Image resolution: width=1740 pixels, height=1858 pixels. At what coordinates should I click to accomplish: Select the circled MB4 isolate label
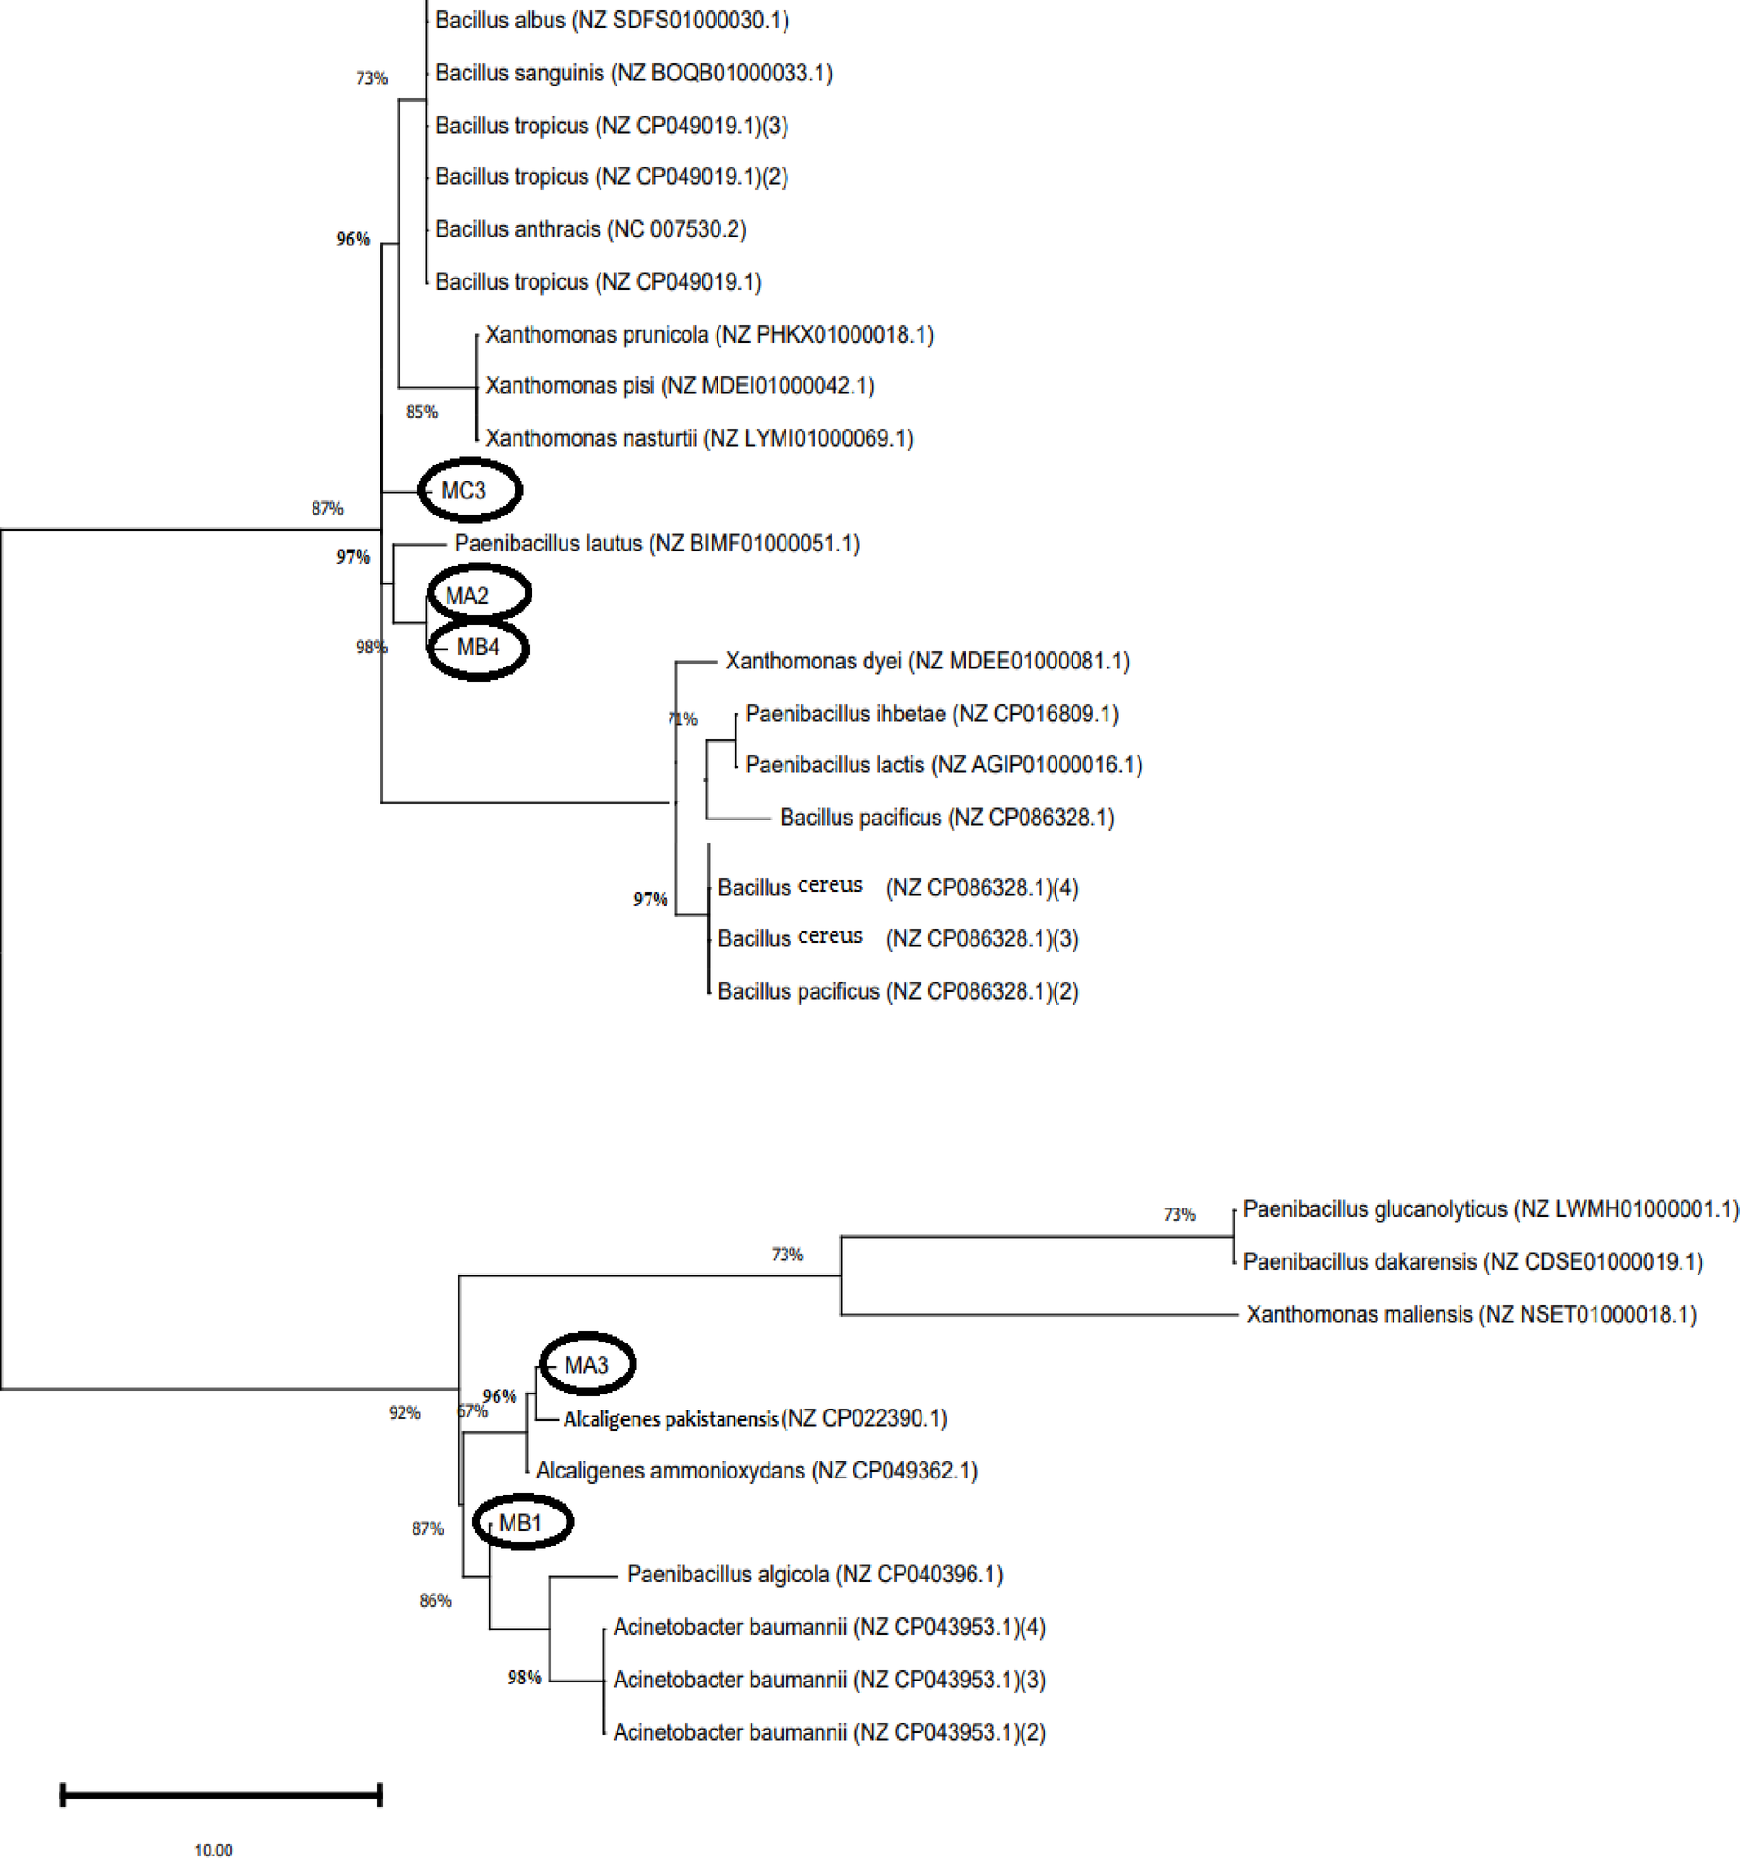pyautogui.click(x=478, y=648)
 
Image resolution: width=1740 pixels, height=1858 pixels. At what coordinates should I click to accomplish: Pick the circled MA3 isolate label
pyautogui.click(x=587, y=1365)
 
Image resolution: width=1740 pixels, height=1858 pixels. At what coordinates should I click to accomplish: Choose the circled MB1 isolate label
pyautogui.click(x=521, y=1523)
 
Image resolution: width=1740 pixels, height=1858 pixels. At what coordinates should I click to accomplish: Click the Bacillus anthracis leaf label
pyautogui.click(x=590, y=229)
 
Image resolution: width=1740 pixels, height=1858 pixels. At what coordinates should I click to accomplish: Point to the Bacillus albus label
pyautogui.click(x=612, y=21)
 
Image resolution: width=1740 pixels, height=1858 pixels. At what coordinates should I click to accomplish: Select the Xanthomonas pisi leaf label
pyautogui.click(x=680, y=385)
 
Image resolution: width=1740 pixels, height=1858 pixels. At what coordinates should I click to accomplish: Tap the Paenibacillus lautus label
pyautogui.click(x=657, y=544)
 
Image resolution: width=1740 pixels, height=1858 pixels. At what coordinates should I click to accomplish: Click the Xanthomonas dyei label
pyautogui.click(x=927, y=661)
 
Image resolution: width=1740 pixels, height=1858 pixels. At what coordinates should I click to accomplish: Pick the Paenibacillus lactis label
pyautogui.click(x=943, y=765)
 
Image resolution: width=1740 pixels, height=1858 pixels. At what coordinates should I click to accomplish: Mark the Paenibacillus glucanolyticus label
pyautogui.click(x=1490, y=1209)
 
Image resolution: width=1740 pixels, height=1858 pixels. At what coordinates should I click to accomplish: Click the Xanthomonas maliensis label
pyautogui.click(x=1471, y=1314)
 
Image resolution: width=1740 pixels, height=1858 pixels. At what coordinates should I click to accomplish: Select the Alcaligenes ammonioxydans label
pyautogui.click(x=756, y=1471)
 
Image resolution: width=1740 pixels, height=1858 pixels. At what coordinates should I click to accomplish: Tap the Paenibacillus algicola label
pyautogui.click(x=815, y=1575)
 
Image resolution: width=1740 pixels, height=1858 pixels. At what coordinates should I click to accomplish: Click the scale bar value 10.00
pyautogui.click(x=213, y=1850)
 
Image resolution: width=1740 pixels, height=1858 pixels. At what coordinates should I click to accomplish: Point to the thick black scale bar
pyautogui.click(x=221, y=1795)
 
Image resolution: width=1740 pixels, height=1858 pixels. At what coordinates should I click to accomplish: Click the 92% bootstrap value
pyautogui.click(x=404, y=1412)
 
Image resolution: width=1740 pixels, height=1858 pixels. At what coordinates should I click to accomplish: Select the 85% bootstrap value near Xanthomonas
pyautogui.click(x=422, y=412)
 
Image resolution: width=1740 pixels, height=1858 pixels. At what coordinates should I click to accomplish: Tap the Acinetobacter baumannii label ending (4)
pyautogui.click(x=829, y=1628)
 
